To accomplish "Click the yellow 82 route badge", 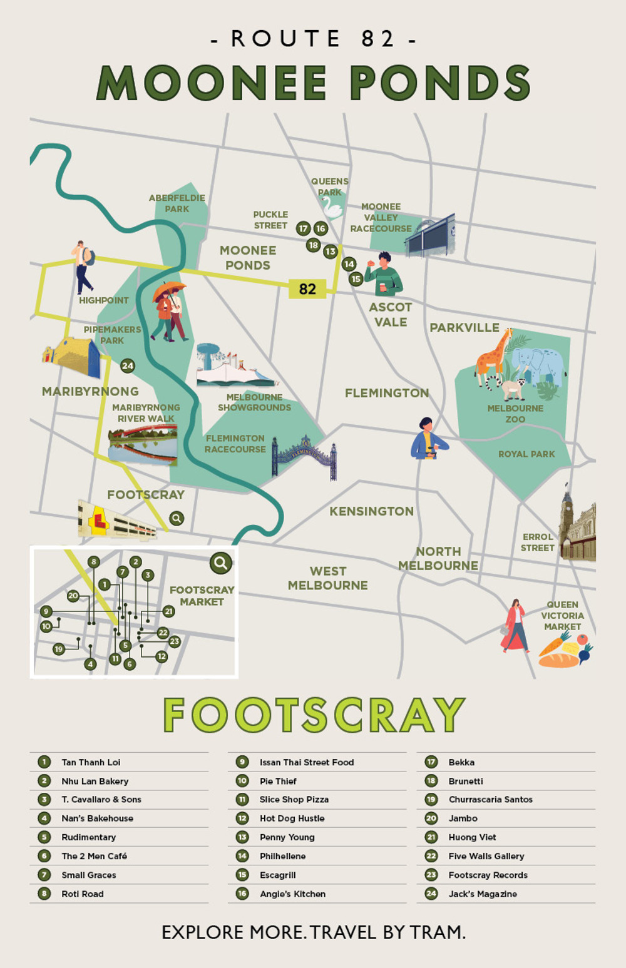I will [x=307, y=288].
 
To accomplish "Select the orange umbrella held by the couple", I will [x=169, y=290].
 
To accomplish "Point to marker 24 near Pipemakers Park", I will [x=128, y=365].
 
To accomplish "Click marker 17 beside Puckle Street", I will [x=303, y=228].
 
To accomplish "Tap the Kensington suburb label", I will [x=371, y=511].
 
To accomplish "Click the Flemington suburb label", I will [x=387, y=393].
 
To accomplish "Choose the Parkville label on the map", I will [x=464, y=327].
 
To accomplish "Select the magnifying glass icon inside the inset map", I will [x=220, y=563].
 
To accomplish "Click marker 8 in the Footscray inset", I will [x=93, y=562].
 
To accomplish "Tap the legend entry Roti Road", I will [x=83, y=894].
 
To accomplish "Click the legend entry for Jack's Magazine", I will [x=483, y=894].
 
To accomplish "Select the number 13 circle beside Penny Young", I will [x=242, y=837].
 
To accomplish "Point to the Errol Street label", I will [x=538, y=542].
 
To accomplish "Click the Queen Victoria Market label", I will [x=562, y=616].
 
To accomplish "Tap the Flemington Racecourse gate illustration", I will [x=305, y=456].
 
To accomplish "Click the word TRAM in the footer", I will [x=436, y=932].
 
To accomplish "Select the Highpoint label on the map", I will [x=104, y=300].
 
